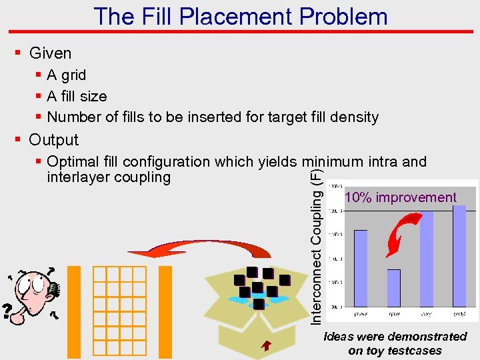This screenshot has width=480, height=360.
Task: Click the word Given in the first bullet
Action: [51, 53]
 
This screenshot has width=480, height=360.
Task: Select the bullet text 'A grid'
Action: [67, 75]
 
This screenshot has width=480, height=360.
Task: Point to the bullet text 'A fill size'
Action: [77, 97]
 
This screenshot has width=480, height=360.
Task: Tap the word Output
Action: [54, 140]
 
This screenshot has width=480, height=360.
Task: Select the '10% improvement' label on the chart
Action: [400, 197]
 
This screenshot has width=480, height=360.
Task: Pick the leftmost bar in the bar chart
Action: [361, 267]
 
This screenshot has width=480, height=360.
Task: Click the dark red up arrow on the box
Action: [266, 345]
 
